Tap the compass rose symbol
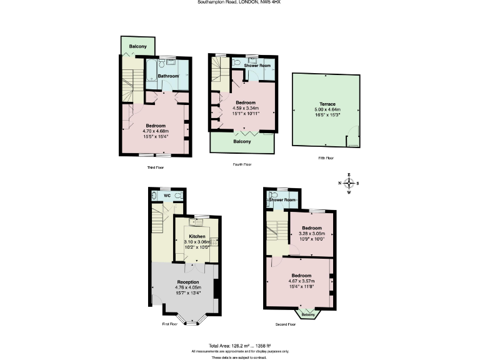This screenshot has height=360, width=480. coord(349,183)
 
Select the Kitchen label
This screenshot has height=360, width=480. coord(197,236)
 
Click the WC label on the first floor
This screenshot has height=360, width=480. coord(167,196)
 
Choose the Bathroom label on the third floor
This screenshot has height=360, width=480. coord(168,76)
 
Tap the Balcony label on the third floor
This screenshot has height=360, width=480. coord(138,47)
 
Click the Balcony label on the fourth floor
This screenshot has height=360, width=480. coord(242,141)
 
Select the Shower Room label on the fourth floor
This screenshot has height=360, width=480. coord(257,66)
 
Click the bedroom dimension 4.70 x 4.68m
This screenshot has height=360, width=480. coord(157,131)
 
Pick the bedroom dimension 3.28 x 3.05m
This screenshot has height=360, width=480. coord(311,233)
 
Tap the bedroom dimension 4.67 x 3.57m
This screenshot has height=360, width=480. coord(301,281)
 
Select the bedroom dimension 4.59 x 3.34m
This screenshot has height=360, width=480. coord(245,108)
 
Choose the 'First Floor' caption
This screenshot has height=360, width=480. coord(170,324)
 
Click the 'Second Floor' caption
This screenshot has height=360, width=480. coord(286,324)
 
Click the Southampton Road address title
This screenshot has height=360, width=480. coord(239,2)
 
